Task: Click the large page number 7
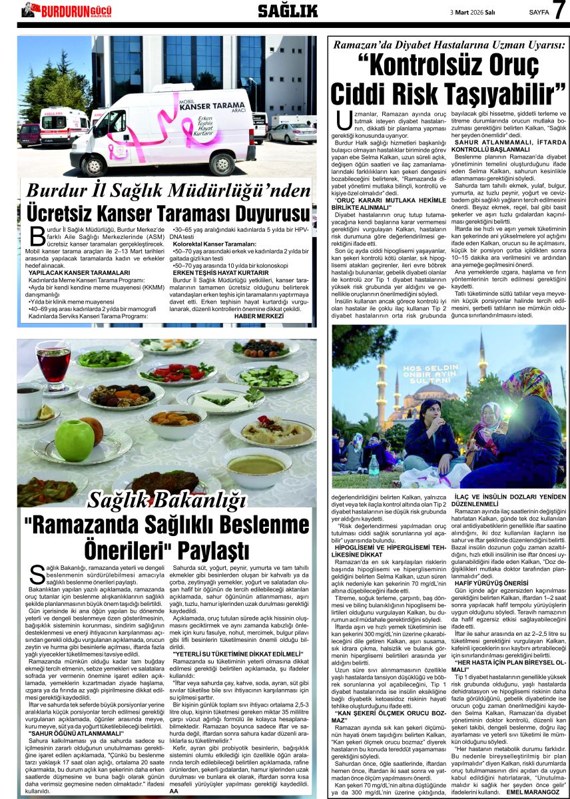click(x=558, y=10)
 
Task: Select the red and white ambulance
click(x=64, y=127)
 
